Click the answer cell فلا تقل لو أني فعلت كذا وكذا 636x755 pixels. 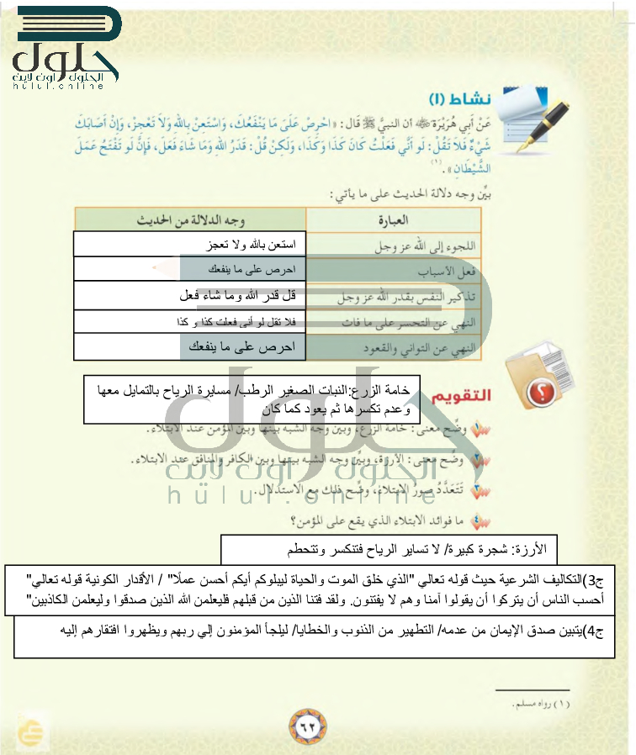tap(239, 322)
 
